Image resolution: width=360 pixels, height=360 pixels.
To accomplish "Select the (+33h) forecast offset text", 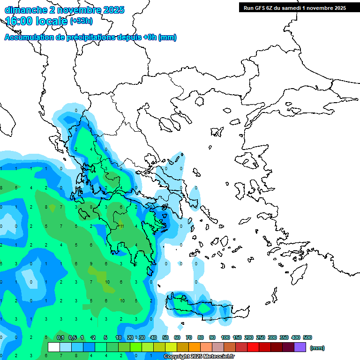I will pos(81,21).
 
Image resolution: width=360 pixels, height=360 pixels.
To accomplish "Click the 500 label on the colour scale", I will pos(307,337).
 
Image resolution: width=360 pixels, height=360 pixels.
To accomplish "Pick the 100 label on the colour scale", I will pos(225,337).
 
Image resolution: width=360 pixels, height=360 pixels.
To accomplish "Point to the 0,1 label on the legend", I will pos(60,337).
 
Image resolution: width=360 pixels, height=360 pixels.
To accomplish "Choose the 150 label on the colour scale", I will pos(237,337).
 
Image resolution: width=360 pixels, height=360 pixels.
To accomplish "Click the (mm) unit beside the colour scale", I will pos(317,348).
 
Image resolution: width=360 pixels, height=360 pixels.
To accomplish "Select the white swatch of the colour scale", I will pos(53,347).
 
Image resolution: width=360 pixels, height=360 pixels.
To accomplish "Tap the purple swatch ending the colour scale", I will pos(300,347).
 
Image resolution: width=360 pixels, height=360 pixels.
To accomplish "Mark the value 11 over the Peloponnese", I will pos(121,226).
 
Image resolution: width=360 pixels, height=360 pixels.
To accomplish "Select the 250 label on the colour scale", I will pos(261,337).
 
